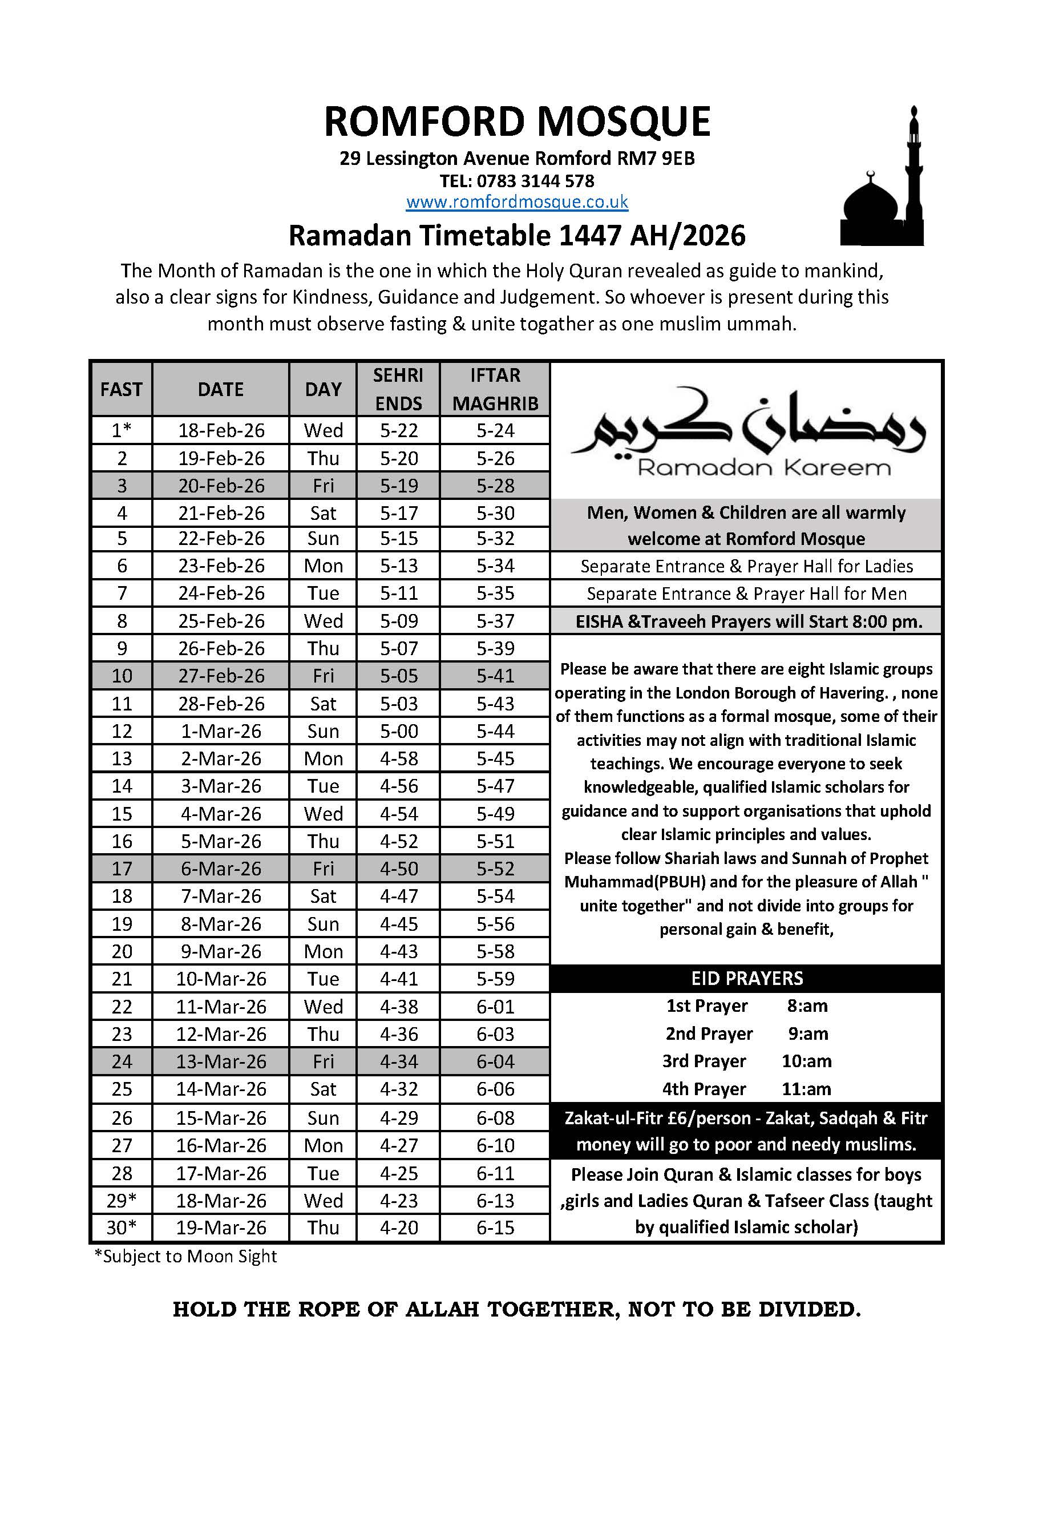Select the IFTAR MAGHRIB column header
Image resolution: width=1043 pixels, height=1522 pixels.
click(495, 389)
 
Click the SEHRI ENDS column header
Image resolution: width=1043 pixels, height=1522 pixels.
click(398, 389)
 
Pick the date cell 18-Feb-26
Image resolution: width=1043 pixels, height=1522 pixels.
click(221, 430)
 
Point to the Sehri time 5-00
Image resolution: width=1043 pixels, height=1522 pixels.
click(399, 731)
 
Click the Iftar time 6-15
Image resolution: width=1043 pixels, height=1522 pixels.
click(495, 1228)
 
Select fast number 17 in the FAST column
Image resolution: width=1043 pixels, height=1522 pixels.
click(122, 869)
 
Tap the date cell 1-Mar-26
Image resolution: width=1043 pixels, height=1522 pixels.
click(221, 731)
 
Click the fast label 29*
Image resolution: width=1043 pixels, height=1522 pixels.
click(122, 1201)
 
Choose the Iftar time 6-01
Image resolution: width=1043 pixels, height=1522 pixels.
click(495, 1006)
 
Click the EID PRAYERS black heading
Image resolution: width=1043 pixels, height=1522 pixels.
click(746, 978)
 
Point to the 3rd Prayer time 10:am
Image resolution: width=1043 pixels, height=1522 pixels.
click(806, 1061)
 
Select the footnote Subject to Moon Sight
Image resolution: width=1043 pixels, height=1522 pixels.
click(186, 1256)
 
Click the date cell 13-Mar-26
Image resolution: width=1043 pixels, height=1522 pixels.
click(221, 1061)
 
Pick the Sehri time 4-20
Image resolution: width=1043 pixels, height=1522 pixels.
click(399, 1228)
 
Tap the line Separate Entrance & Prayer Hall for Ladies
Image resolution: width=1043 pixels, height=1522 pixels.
click(746, 566)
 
